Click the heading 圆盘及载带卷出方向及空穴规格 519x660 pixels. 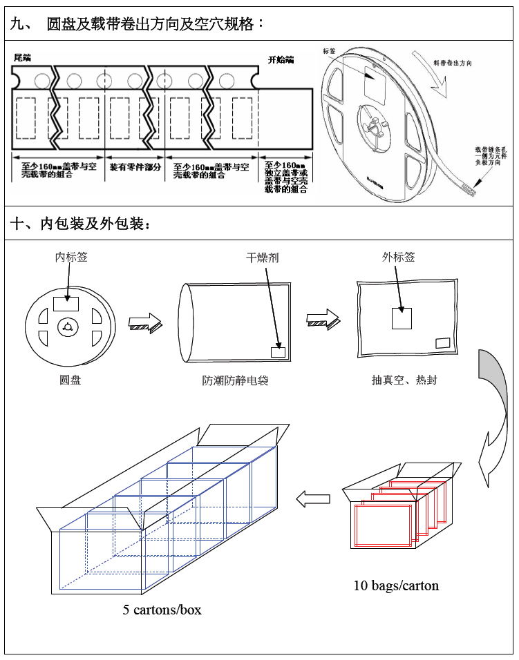tap(155, 25)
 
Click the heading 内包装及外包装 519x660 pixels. tap(86, 224)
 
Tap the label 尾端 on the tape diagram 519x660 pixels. tap(23, 57)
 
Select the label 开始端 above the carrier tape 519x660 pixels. tap(281, 59)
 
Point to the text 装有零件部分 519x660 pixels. tap(135, 168)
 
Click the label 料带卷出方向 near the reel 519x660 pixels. tap(453, 63)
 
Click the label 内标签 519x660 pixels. tap(71, 258)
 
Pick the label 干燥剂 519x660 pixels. tap(263, 258)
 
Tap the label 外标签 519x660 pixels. tap(399, 257)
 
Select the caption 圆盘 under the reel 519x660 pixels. tap(70, 380)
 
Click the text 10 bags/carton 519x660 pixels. tap(396, 585)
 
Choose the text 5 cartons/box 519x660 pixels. tap(162, 610)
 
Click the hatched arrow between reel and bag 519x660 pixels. tap(145, 321)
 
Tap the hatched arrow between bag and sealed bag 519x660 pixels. tap(323, 318)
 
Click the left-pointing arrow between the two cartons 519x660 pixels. tap(310, 498)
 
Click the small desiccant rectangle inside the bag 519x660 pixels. tap(278, 351)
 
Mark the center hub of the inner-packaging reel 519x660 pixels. tap(68, 327)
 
